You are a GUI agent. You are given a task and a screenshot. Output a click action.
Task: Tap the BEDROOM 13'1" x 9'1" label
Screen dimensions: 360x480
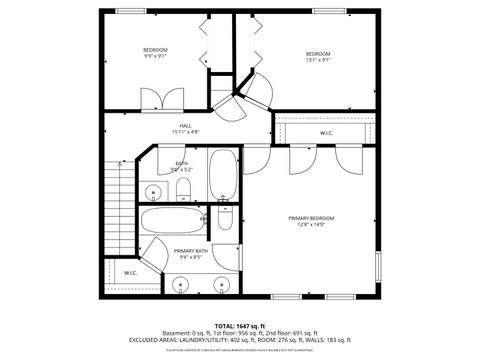tap(318, 56)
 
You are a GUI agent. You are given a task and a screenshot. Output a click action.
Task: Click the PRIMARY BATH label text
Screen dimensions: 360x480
tap(191, 254)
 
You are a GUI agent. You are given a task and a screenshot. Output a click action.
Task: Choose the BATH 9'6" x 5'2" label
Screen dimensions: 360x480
tap(181, 166)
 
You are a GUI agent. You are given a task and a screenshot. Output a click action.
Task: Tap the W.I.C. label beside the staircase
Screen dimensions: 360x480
tap(131, 273)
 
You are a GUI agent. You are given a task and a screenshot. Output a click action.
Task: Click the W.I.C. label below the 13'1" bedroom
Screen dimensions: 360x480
tap(326, 132)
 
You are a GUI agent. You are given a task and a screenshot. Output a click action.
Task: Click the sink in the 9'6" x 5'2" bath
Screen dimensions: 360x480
tap(153, 191)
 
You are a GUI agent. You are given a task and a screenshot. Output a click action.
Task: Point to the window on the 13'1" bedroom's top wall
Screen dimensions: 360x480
tap(326, 12)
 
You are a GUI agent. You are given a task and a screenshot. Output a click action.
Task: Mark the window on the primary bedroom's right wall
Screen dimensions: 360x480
tap(378, 265)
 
